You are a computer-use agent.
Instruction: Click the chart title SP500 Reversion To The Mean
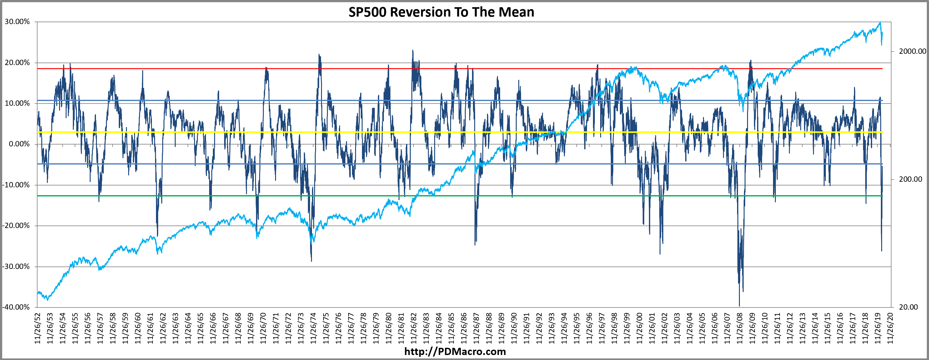441,12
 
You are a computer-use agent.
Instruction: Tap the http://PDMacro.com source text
455,351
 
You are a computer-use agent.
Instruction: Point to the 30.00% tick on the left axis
17,22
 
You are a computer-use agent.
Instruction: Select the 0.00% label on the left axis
19,144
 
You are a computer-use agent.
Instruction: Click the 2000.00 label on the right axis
912,51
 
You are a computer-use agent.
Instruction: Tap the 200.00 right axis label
910,179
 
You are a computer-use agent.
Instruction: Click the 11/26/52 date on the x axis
38,328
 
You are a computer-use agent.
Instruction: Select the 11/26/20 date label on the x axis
890,328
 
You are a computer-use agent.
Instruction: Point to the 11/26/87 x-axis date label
476,328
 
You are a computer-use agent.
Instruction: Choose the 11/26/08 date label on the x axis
739,328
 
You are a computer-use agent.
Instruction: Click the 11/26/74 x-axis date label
313,328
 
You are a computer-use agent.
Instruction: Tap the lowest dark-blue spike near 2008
739,306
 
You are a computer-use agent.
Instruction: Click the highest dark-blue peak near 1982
413,50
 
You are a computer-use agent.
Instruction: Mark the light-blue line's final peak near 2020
880,23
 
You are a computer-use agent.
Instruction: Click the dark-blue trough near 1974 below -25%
311,261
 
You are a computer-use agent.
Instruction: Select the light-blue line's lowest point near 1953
47,299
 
